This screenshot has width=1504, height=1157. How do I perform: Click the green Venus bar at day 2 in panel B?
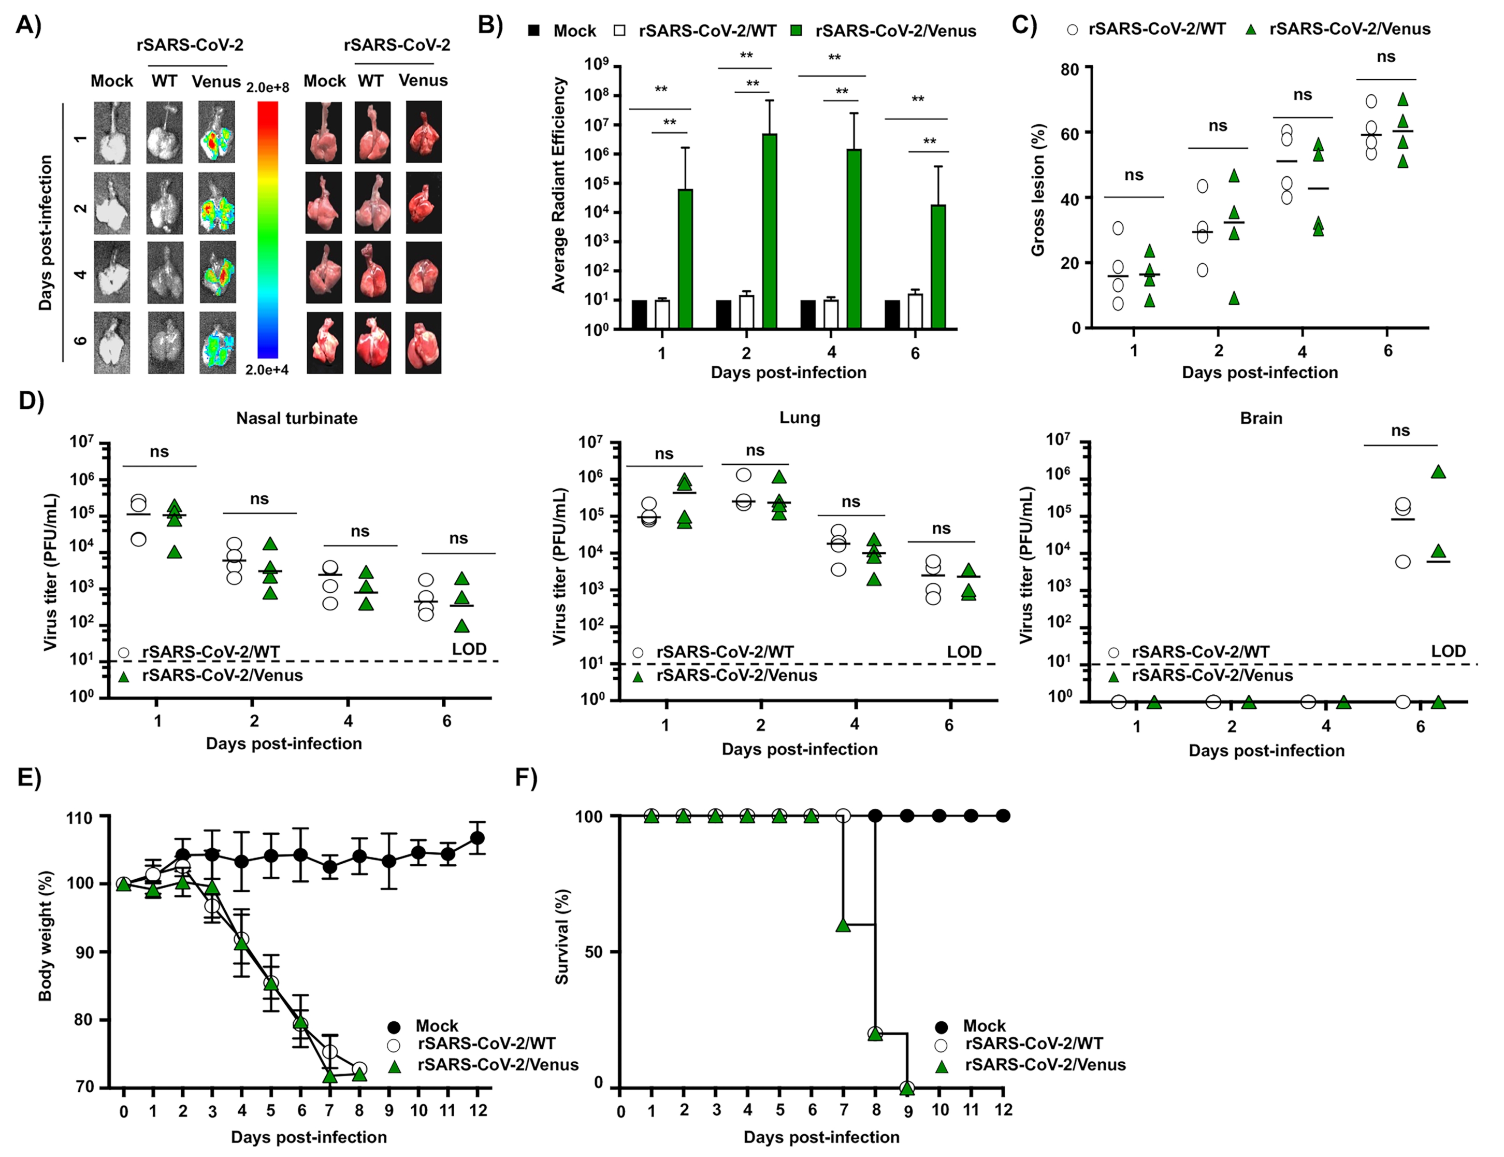click(x=769, y=231)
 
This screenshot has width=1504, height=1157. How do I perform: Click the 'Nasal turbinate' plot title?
click(x=297, y=418)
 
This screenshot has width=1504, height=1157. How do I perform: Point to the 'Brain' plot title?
click(x=1261, y=418)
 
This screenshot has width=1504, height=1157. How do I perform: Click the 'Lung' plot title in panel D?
click(x=799, y=417)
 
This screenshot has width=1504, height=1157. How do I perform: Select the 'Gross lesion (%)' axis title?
click(x=1038, y=190)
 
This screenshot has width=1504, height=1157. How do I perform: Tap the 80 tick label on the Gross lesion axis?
click(x=1069, y=68)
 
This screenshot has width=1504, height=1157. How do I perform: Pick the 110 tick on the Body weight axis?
click(x=79, y=818)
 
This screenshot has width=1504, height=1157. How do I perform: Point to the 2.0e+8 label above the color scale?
click(x=268, y=88)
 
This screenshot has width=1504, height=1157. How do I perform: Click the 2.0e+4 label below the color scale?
click(x=267, y=370)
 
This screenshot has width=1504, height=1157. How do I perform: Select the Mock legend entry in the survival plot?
click(x=984, y=1025)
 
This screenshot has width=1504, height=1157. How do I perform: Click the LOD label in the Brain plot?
click(x=1448, y=651)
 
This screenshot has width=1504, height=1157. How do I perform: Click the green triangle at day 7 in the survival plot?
click(x=843, y=925)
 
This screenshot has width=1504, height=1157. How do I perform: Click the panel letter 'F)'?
click(x=527, y=778)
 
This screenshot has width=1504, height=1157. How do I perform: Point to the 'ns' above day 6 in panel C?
click(x=1385, y=56)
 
